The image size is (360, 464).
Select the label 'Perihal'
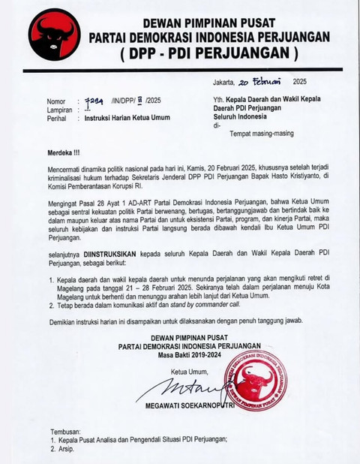coord(58,118)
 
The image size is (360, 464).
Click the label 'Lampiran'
coord(60,109)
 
